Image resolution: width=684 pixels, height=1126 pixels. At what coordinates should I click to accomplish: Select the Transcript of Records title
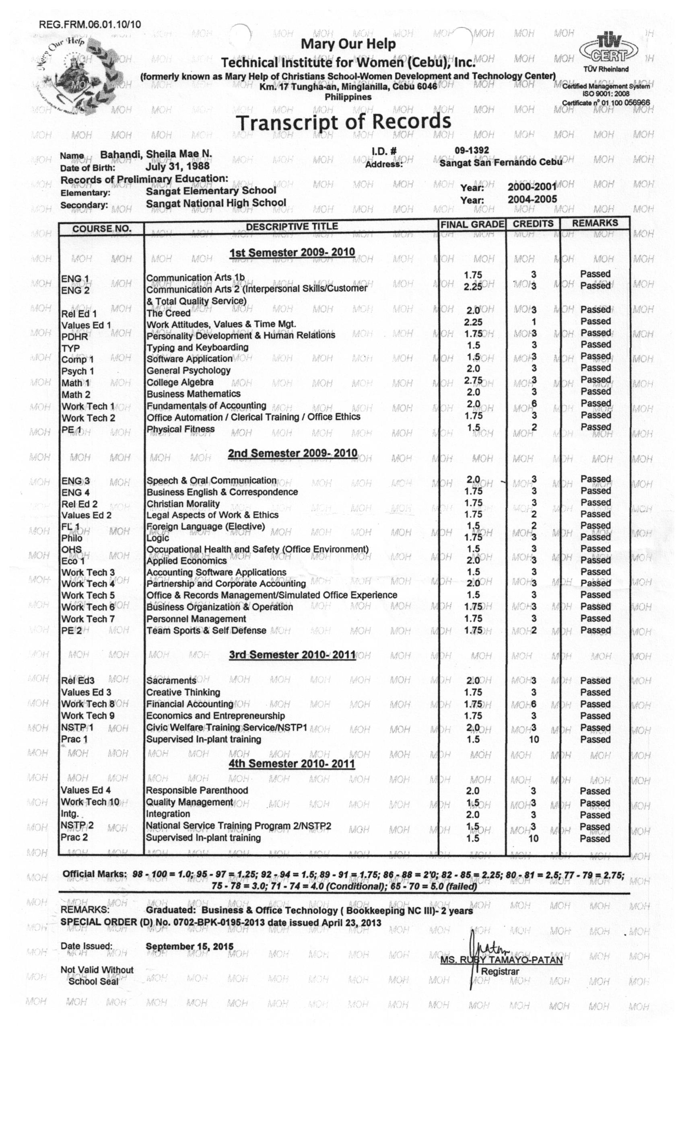point(343,122)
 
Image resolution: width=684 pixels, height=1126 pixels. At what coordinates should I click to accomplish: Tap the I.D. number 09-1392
point(472,150)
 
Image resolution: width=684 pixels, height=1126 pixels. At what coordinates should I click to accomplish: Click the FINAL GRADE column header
point(472,224)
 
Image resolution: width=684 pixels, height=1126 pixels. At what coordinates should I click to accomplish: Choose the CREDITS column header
point(533,224)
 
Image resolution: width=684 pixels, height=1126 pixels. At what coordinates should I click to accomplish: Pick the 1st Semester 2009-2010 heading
point(292,253)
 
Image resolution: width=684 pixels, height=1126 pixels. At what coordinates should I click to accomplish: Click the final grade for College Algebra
point(473,380)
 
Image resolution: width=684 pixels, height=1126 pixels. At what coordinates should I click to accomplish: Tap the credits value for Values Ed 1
point(534,322)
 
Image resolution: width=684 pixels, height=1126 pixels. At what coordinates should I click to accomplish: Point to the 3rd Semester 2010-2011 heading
point(292,655)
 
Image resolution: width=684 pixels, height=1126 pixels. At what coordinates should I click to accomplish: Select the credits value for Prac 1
point(534,740)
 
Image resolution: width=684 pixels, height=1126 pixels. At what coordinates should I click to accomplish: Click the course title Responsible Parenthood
point(197,790)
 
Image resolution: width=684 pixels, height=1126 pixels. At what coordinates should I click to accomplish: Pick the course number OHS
point(71,549)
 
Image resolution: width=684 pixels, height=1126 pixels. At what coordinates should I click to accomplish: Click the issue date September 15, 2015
point(189,946)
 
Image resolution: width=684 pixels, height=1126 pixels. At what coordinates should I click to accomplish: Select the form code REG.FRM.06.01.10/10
point(90,24)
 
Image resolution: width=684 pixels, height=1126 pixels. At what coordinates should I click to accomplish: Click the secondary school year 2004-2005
point(532,199)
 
